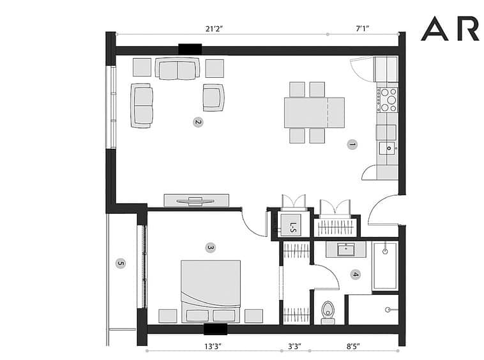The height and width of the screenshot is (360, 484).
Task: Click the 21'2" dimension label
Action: [214, 29]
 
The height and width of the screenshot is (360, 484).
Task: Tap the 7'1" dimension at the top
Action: [363, 29]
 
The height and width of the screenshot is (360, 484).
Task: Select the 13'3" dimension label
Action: [213, 347]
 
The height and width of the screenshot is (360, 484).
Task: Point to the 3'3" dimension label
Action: [295, 347]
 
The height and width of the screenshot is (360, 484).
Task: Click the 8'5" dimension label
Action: [353, 347]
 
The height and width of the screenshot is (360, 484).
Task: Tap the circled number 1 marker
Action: [352, 144]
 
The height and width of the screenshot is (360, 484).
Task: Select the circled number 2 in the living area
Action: [198, 122]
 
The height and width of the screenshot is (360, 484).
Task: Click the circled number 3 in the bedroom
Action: [210, 248]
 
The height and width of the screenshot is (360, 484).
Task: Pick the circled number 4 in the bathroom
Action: [356, 274]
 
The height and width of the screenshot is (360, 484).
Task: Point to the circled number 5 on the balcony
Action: [121, 264]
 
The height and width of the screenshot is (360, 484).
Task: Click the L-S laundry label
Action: [293, 227]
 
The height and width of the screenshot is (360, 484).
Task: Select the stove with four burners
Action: [387, 100]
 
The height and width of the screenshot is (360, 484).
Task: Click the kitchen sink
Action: [388, 148]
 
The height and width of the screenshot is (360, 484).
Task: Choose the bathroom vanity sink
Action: [345, 249]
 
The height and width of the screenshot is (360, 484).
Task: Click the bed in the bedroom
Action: [211, 292]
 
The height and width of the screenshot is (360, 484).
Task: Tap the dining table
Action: [314, 112]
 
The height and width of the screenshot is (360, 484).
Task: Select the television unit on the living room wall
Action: [196, 200]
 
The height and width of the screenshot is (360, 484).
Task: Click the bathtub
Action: [385, 267]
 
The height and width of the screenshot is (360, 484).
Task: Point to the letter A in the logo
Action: [434, 29]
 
